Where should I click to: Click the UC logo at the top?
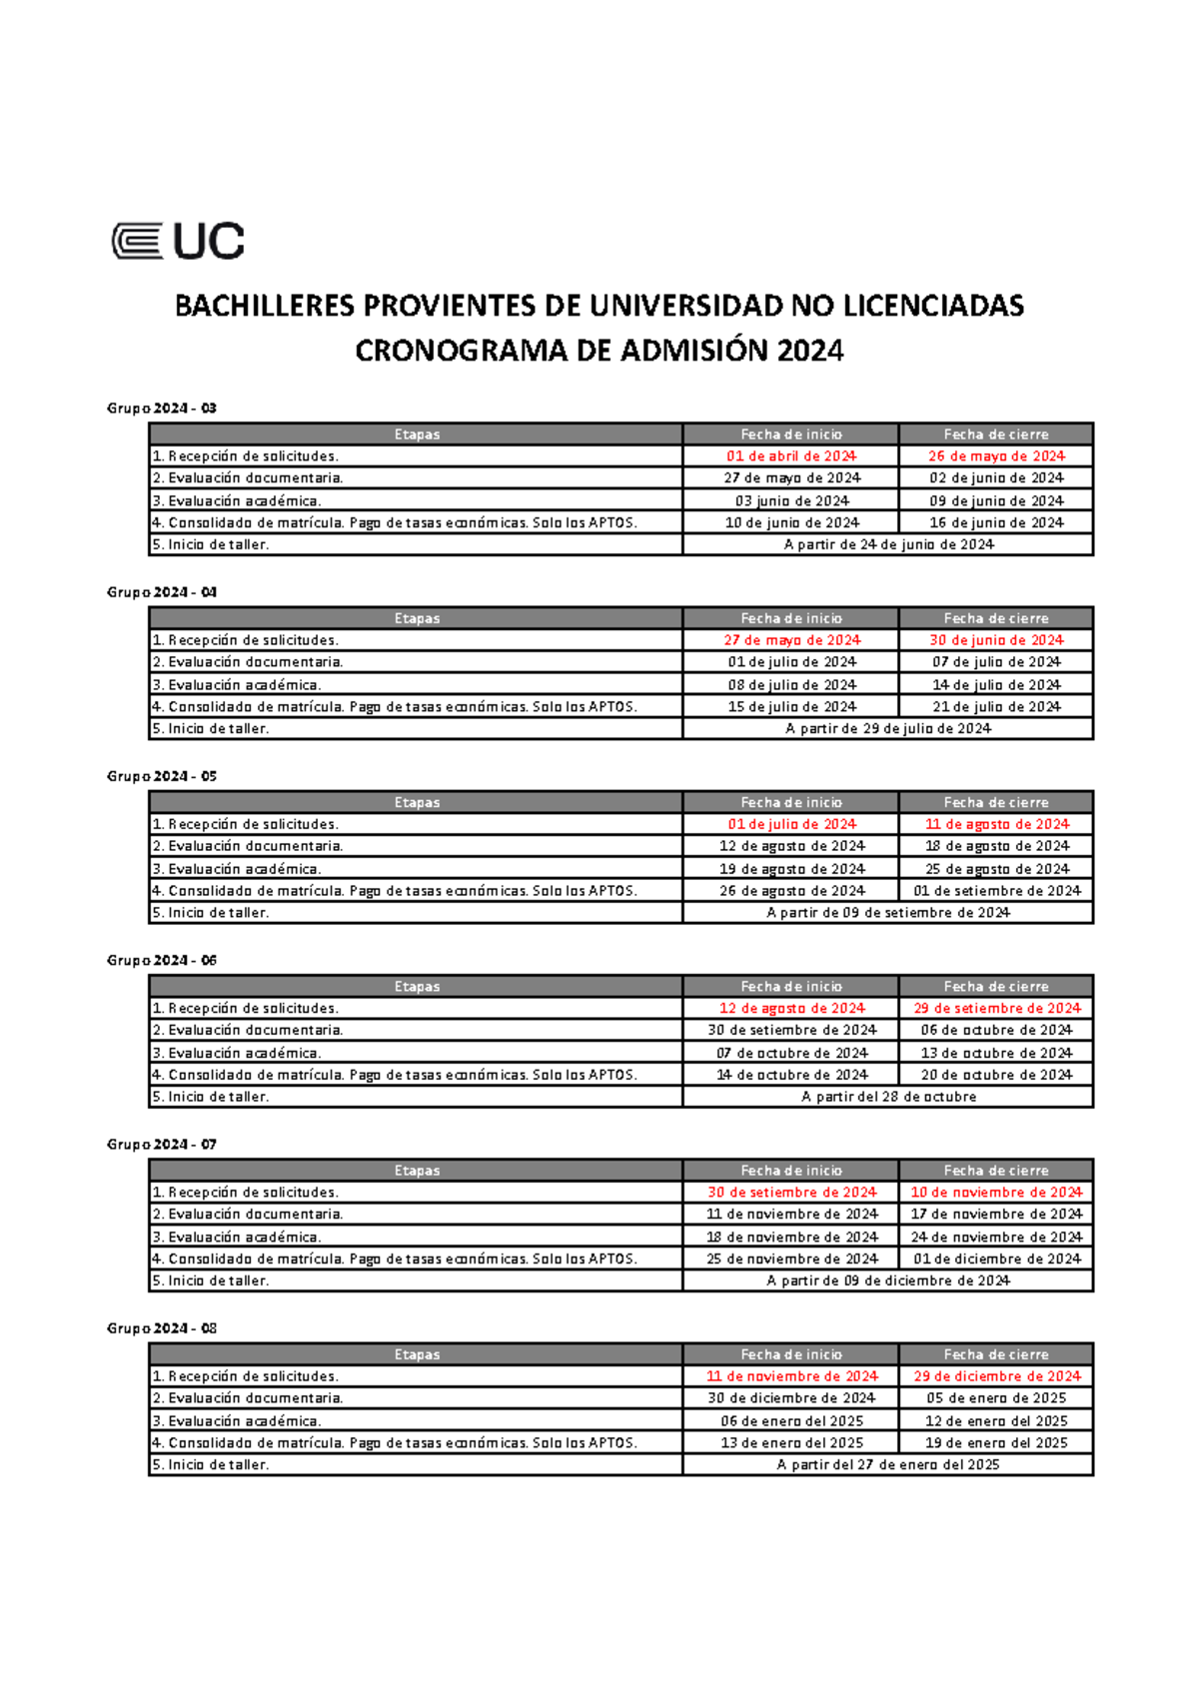[x=178, y=241]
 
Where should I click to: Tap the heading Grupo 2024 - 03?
[x=161, y=408]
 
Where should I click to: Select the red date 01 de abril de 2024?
[x=791, y=455]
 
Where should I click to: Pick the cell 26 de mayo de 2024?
[x=996, y=455]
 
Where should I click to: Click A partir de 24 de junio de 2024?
[x=888, y=544]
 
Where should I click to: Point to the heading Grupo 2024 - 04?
[x=161, y=591]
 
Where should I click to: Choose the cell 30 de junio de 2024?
[x=996, y=640]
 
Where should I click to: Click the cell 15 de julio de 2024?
[x=791, y=706]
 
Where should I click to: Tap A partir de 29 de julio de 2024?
[x=888, y=728]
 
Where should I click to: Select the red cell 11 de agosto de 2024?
[x=996, y=824]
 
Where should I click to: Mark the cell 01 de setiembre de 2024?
[x=996, y=890]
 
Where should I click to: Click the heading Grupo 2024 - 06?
[x=161, y=960]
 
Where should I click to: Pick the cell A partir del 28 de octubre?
[x=888, y=1097]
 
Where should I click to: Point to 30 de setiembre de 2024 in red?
[x=791, y=1192]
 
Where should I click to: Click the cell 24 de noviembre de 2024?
[x=996, y=1237]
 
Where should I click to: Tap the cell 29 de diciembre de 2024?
[x=996, y=1375]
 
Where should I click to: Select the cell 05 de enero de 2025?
[x=996, y=1398]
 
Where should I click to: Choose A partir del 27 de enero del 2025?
[x=888, y=1464]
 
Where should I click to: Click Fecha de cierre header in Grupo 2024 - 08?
[x=996, y=1354]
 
